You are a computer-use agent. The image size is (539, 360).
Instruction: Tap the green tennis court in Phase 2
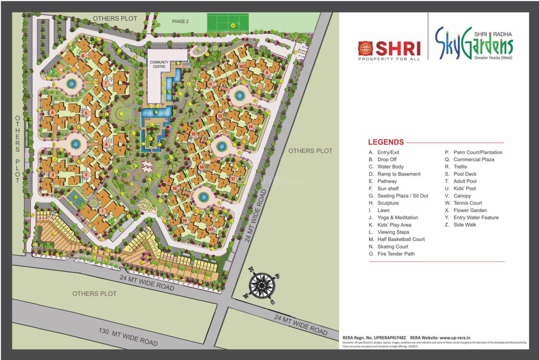(x=228, y=22)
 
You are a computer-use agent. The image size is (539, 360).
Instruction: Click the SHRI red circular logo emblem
(x=365, y=48)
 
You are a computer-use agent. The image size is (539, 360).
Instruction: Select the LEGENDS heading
(x=386, y=142)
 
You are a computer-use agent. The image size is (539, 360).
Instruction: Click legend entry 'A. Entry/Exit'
(x=384, y=152)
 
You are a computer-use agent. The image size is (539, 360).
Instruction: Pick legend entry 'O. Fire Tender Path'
(x=391, y=254)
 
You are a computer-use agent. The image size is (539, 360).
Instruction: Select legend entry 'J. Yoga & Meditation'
(x=393, y=217)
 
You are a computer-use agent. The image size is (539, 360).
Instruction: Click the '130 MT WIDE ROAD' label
(x=128, y=337)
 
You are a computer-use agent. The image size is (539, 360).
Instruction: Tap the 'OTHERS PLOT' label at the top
(x=115, y=18)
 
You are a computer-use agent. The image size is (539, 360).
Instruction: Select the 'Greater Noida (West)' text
(x=493, y=58)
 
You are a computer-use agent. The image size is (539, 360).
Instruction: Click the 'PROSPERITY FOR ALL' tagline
(x=389, y=59)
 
